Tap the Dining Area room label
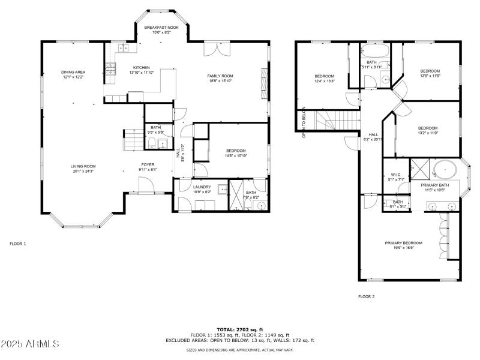pos(73,72)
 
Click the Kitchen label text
pos(141,67)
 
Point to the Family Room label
pos(220,76)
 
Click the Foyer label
pos(148,164)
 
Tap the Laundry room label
pos(202,187)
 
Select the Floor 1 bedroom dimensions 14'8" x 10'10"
pos(236,155)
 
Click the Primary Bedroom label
pos(403,242)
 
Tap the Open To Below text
pos(304,122)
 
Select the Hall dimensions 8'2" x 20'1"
pos(373,139)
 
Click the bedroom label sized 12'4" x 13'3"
pos(325,76)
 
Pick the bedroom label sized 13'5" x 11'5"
pos(430,71)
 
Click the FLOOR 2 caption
pos(366,296)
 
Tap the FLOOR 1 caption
pos(18,244)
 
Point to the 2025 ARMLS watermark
pos(29,344)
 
